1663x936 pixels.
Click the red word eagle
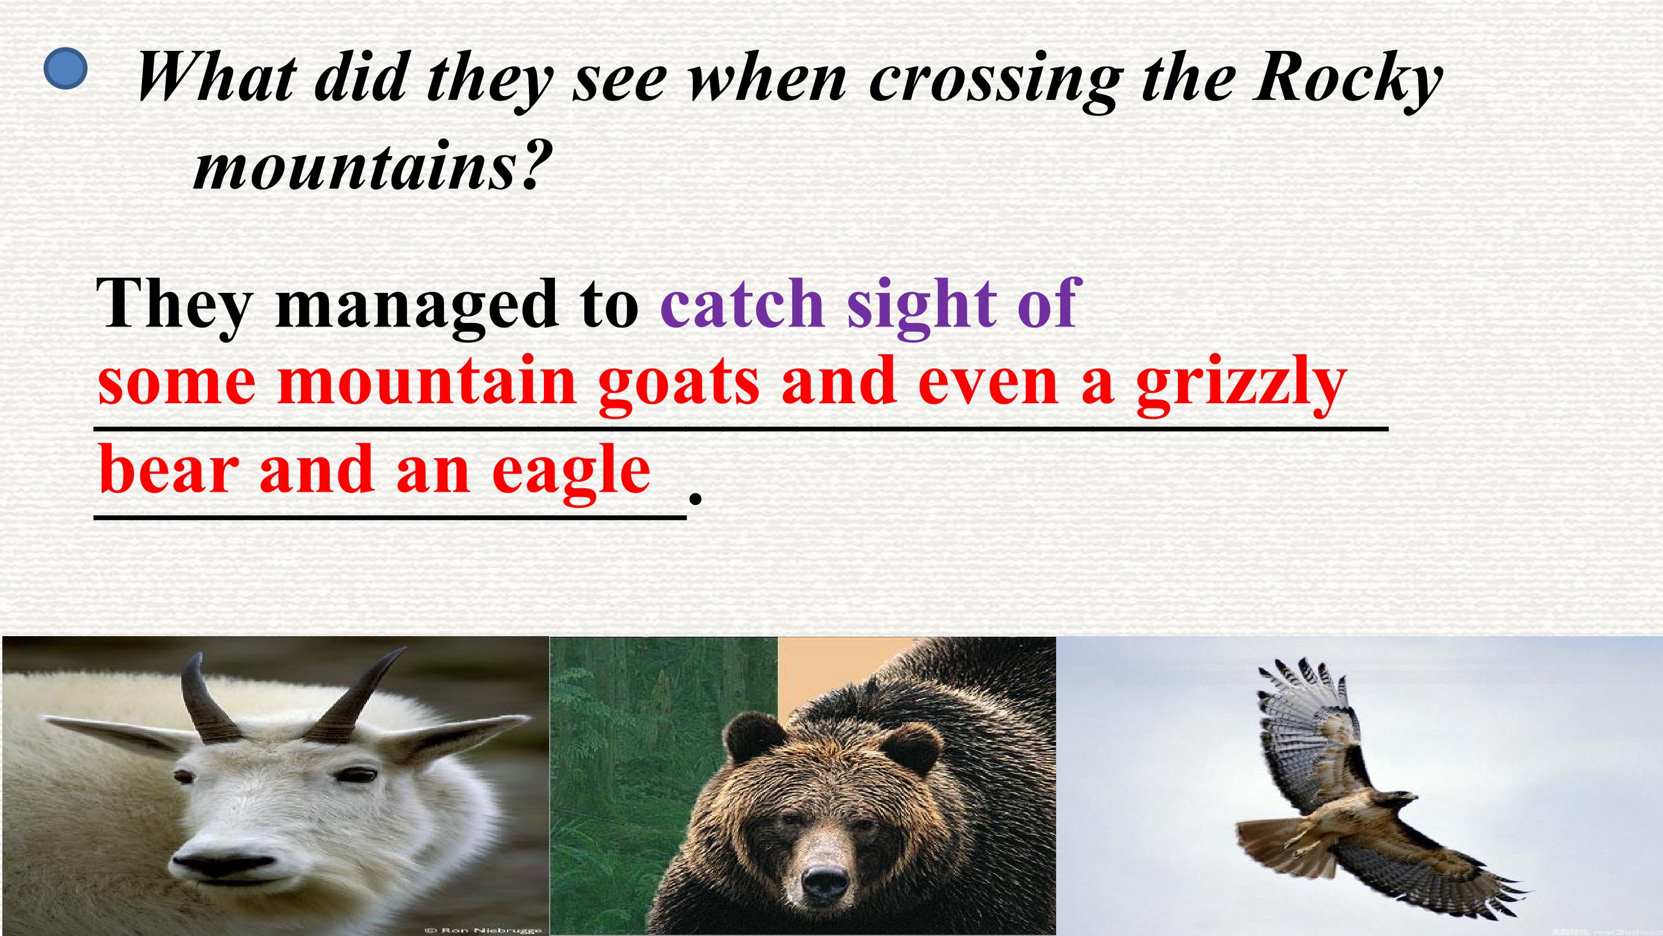click(571, 470)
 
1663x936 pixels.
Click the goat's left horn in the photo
click(200, 701)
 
